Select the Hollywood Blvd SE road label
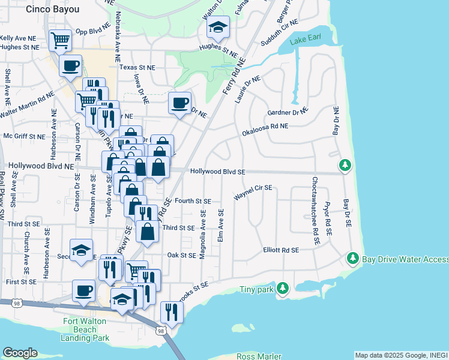[218, 171]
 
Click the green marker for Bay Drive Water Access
[353, 259]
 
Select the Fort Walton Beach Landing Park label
[86, 329]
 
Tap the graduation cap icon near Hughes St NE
[218, 28]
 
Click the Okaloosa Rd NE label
[265, 127]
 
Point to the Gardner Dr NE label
[287, 112]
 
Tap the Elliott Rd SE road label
[281, 250]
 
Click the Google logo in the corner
[20, 353]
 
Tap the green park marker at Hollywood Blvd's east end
[345, 164]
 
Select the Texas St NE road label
[136, 67]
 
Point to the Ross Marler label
[258, 356]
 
